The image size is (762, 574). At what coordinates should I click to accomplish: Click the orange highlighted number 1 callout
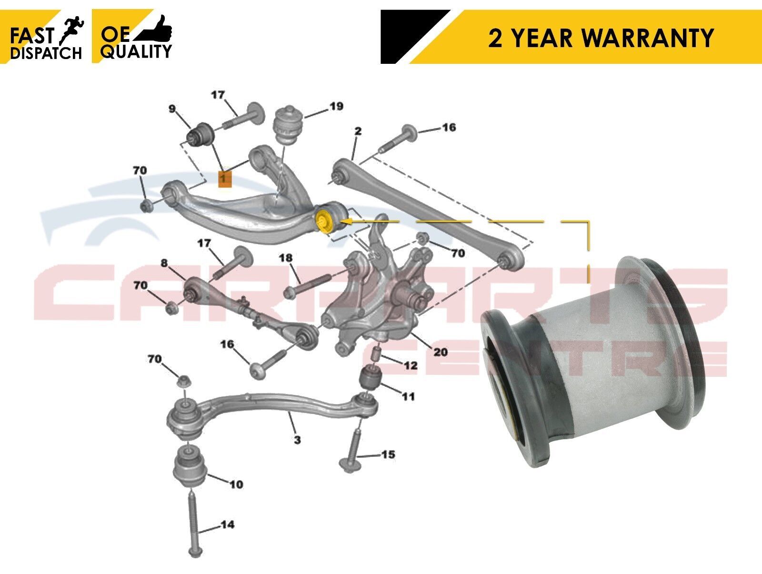pos(224,179)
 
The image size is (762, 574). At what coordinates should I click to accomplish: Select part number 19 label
pos(336,106)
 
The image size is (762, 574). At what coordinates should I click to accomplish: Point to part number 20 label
pos(440,352)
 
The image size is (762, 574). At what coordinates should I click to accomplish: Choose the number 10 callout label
pos(236,484)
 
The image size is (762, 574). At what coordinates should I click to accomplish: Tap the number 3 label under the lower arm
pos(297,440)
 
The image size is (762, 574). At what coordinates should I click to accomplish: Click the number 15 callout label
pos(388,454)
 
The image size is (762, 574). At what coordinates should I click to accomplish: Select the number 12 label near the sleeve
pos(411,365)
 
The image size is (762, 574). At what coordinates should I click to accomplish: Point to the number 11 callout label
pos(408,396)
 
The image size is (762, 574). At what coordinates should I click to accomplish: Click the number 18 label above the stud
pos(286,258)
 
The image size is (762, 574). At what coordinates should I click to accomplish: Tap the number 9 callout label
pos(172,109)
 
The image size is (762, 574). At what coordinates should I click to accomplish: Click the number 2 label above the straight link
pos(358,131)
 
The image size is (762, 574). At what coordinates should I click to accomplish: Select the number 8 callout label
pos(164,263)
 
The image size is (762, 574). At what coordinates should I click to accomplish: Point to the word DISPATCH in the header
pos(46,53)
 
